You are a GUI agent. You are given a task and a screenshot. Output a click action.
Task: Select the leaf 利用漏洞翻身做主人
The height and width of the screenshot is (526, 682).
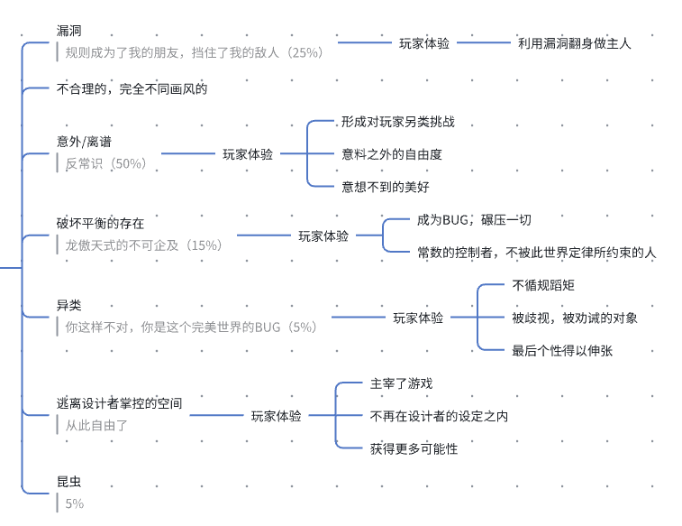coord(575,42)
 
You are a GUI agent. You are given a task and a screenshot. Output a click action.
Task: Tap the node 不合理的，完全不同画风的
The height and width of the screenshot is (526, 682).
coord(132,88)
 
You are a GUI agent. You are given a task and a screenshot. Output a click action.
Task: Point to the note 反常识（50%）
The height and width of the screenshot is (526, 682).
coord(105,163)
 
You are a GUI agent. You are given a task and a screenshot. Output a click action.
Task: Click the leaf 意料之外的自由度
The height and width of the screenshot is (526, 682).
coord(391,154)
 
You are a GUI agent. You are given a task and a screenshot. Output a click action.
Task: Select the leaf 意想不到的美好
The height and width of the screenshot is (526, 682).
coord(385,187)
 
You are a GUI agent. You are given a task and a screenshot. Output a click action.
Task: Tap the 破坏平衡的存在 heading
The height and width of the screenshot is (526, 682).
coord(100,223)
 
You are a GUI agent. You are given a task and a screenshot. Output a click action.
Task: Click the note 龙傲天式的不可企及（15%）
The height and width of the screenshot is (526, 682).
coord(142,245)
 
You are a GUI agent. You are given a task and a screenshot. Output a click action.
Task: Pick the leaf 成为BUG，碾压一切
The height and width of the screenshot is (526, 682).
coord(473,219)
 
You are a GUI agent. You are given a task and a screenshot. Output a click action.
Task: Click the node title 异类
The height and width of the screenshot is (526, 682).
coord(68,306)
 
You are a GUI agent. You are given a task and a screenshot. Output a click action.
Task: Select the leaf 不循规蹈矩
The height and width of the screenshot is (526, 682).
coord(543,285)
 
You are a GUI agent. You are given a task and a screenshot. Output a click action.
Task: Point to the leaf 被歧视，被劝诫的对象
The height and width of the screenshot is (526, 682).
coord(575,318)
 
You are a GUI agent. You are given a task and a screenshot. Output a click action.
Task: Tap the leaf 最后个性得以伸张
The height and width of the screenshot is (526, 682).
coord(562,350)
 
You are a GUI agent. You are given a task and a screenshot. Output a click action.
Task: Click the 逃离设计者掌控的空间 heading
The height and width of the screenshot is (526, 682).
coord(119,403)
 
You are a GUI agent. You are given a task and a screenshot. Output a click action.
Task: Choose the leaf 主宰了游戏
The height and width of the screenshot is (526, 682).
coord(401,383)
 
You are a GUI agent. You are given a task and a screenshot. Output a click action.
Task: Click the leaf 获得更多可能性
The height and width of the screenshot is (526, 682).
coord(414,448)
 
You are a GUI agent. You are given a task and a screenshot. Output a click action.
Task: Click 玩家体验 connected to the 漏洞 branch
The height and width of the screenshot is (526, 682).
coord(424,42)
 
